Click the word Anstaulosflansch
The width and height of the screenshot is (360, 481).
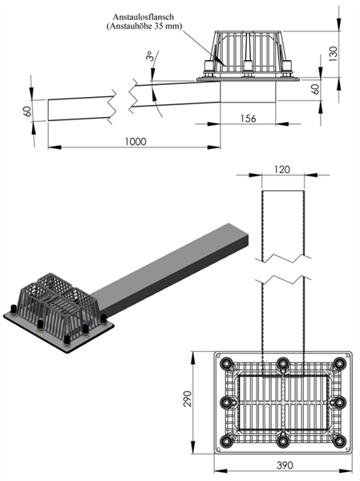(x=144, y=17)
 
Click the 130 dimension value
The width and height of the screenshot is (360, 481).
(x=333, y=54)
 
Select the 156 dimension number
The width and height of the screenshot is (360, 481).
(x=248, y=118)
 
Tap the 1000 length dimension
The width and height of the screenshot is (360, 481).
(x=136, y=141)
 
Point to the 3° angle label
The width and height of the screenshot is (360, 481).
(x=150, y=56)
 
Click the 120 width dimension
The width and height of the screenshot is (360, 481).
(x=281, y=169)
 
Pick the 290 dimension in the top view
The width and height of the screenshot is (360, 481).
(x=187, y=398)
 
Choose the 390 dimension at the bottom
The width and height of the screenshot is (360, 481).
(x=285, y=465)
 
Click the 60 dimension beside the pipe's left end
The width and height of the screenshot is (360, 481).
(x=27, y=111)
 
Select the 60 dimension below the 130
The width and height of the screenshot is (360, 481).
(x=315, y=89)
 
